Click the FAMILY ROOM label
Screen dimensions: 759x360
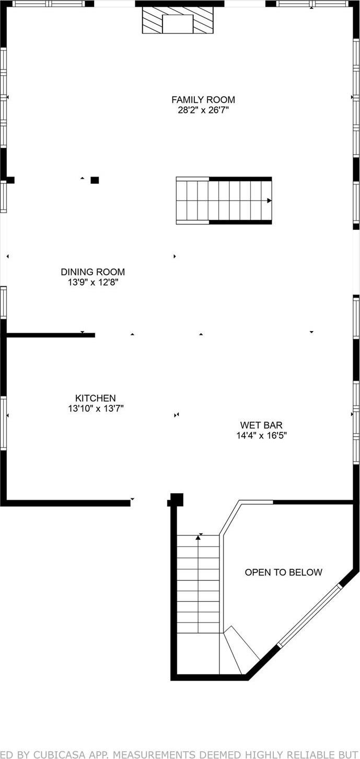click(203, 99)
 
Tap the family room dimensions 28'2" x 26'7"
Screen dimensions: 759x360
click(203, 110)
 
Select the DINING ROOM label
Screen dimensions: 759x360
click(93, 272)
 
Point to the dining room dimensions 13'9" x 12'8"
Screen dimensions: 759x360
click(93, 283)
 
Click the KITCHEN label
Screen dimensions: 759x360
click(96, 398)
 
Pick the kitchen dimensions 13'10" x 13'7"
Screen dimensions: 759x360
click(96, 408)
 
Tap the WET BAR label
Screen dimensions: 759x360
click(261, 425)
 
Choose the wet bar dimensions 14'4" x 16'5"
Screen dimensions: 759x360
click(261, 435)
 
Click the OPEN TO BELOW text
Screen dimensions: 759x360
click(284, 573)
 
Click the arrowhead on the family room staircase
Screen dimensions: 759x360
click(269, 201)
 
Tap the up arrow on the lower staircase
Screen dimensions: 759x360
click(198, 537)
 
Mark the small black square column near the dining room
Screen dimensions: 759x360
click(95, 180)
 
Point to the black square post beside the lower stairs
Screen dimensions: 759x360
click(177, 499)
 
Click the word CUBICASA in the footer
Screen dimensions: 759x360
click(59, 754)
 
